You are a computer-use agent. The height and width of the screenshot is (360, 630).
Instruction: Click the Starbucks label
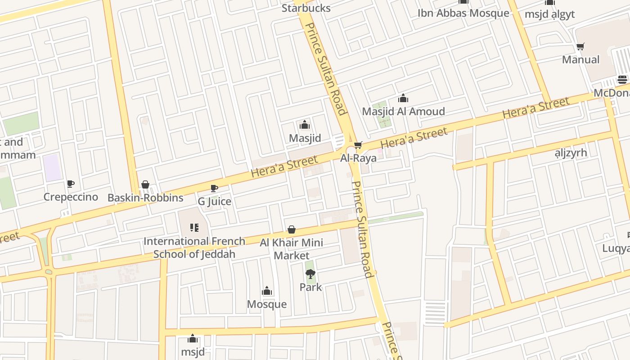click(306, 8)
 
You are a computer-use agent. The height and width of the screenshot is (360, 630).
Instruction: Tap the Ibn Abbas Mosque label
click(463, 13)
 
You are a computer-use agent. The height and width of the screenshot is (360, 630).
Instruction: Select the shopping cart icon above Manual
click(580, 47)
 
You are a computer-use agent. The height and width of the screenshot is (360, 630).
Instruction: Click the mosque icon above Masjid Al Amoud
click(403, 98)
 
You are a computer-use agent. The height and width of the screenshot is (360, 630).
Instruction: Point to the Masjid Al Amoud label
click(403, 111)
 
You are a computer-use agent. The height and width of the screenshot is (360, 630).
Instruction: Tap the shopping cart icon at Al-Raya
click(358, 145)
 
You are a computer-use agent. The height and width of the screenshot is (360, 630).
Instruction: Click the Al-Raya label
click(358, 158)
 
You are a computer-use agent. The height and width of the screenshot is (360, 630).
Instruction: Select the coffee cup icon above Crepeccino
click(71, 184)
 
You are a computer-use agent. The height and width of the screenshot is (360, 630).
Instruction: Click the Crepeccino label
click(71, 197)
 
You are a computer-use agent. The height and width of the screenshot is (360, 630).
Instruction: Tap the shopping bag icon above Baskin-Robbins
click(145, 184)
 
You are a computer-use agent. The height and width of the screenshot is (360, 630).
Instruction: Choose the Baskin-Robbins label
click(145, 198)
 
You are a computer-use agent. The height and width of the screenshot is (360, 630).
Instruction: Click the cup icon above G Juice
click(214, 188)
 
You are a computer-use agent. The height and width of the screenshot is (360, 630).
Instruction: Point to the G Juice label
click(214, 201)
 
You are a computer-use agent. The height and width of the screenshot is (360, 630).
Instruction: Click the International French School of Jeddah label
click(194, 247)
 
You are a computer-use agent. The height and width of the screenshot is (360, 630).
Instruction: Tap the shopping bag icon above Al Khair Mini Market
click(292, 230)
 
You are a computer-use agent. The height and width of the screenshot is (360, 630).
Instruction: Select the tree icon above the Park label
click(310, 274)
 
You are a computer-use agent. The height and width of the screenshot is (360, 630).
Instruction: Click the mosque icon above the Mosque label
click(267, 291)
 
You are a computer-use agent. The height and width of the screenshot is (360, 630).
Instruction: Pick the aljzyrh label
click(571, 153)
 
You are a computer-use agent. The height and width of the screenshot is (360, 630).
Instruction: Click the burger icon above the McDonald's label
click(622, 80)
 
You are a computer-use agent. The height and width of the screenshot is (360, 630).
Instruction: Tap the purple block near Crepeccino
click(53, 167)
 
